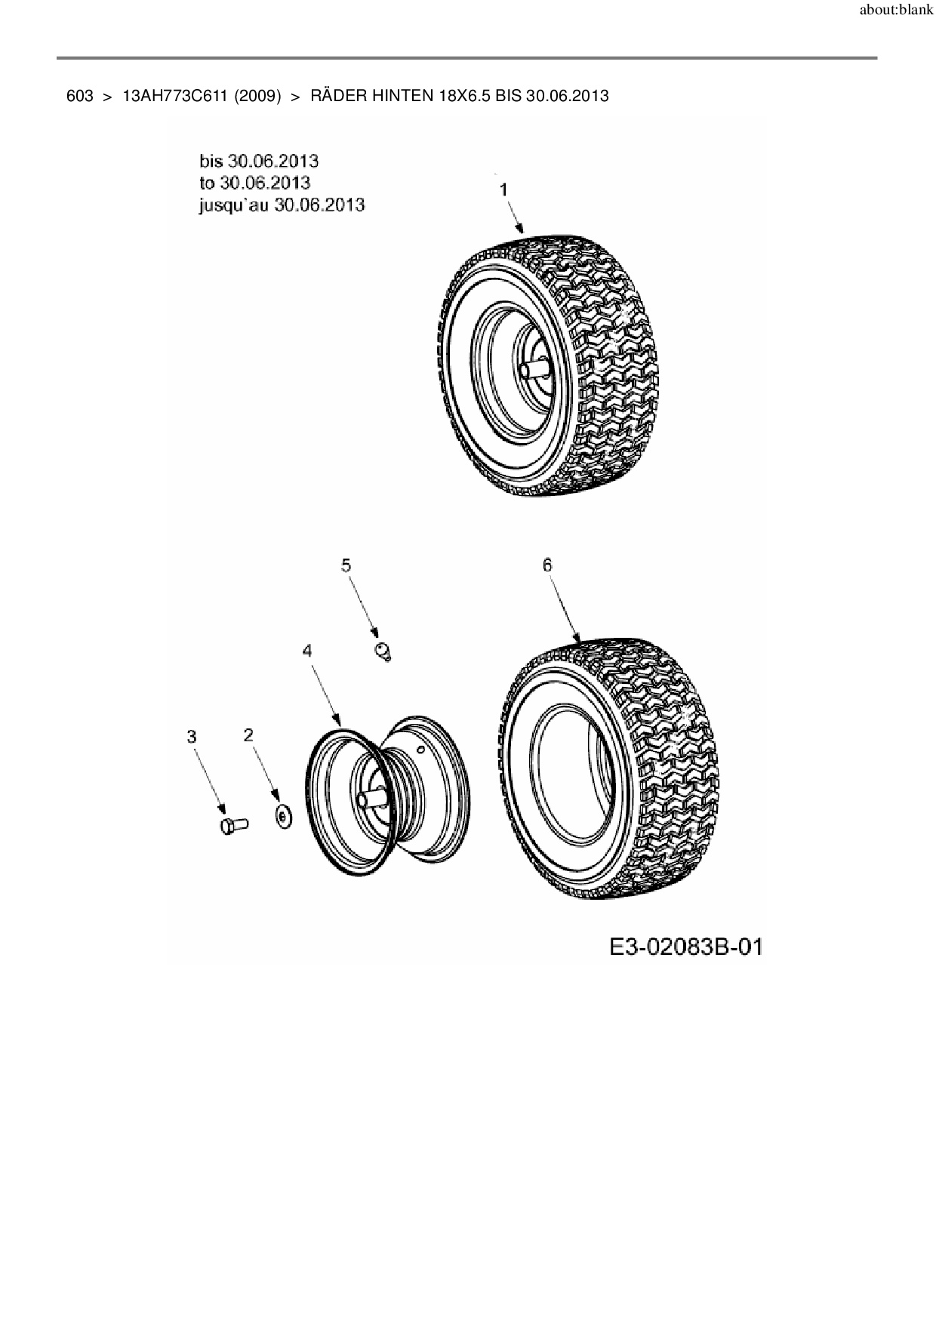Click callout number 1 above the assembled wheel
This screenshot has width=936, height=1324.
coord(503,190)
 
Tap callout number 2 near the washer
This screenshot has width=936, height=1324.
coord(248,734)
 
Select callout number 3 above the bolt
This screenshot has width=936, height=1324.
coord(192,736)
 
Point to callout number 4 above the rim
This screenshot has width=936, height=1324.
coord(307,651)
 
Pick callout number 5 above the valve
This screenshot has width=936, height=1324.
coord(346,565)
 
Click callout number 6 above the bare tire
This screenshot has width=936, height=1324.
coord(547,565)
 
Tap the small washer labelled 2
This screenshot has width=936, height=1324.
coord(283,817)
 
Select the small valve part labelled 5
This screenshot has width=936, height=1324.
coord(384,651)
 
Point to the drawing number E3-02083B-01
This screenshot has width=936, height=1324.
coord(685,947)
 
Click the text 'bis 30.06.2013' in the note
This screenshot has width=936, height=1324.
coord(259,161)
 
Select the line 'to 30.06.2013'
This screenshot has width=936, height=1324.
coord(254,183)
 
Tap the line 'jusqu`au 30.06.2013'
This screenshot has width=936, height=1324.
coord(282,205)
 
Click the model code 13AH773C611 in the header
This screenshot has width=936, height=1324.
coord(174,96)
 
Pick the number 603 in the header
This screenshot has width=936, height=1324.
coord(79,96)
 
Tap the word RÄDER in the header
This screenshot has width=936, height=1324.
coord(338,96)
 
